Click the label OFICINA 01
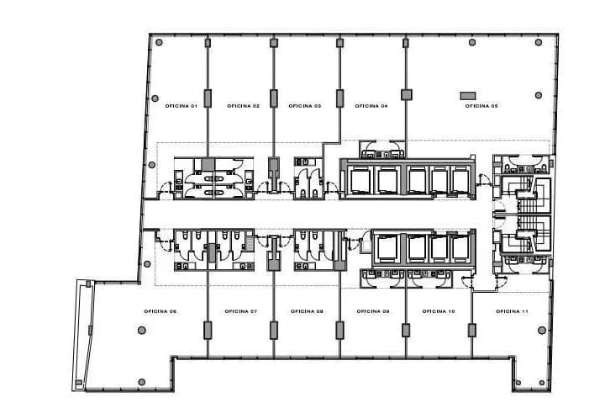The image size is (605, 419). [x=176, y=106]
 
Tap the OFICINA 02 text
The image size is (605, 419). [x=243, y=106]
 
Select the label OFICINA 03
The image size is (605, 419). [x=305, y=106]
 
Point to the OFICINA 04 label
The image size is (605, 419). [x=371, y=106]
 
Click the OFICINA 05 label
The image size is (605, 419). [x=482, y=106]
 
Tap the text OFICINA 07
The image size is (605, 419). [x=241, y=311]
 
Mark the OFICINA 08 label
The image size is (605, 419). [x=307, y=311]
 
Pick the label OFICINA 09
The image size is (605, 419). [x=373, y=311]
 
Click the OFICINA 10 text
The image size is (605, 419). [x=439, y=311]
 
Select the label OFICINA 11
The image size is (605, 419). [x=512, y=311]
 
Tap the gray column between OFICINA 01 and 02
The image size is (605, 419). [x=207, y=96]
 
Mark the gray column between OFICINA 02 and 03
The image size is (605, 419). [x=272, y=96]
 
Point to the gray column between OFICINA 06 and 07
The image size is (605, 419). [x=207, y=329]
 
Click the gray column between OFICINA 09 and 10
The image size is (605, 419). [x=405, y=329]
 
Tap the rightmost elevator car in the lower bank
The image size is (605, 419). [x=460, y=247]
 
